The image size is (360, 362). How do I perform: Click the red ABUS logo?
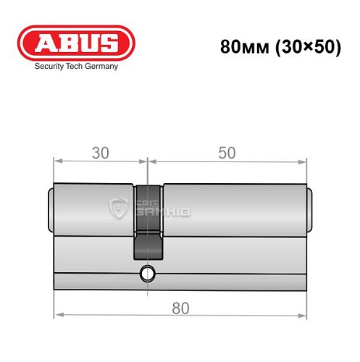77,41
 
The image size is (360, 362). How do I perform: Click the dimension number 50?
226,153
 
